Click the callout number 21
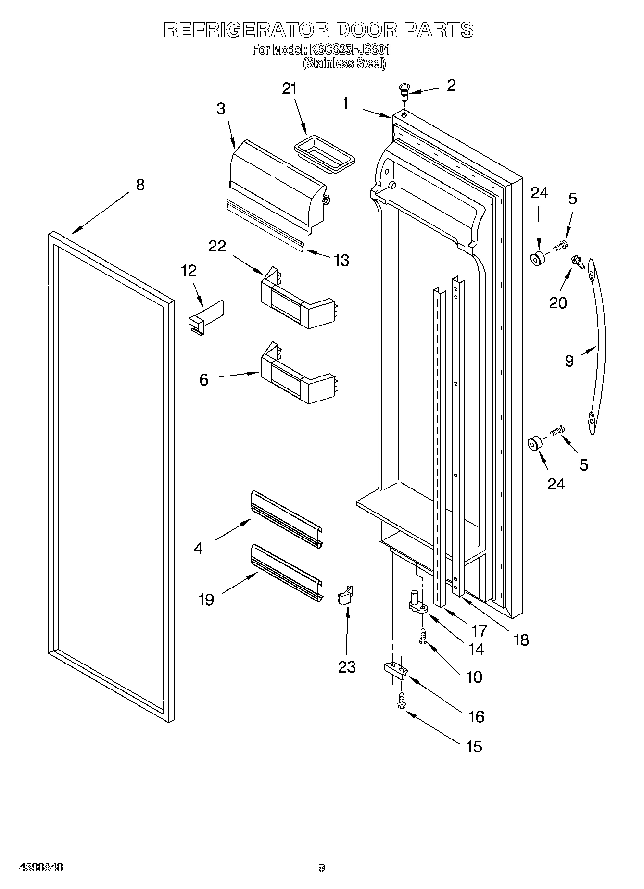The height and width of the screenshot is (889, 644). [289, 89]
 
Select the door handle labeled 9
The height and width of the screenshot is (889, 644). [599, 346]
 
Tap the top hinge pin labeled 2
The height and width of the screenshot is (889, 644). [403, 90]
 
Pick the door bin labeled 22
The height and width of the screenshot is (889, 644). [296, 301]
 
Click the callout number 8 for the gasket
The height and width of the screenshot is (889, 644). [140, 185]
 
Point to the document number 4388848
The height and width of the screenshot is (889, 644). [41, 867]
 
